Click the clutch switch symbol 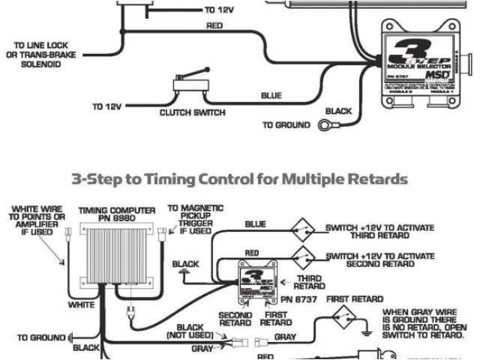[187, 84]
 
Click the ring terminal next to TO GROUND [328, 125]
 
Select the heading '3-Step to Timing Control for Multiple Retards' [239, 180]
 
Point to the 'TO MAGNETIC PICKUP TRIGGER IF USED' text [190, 220]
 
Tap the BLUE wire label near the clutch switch [271, 96]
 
